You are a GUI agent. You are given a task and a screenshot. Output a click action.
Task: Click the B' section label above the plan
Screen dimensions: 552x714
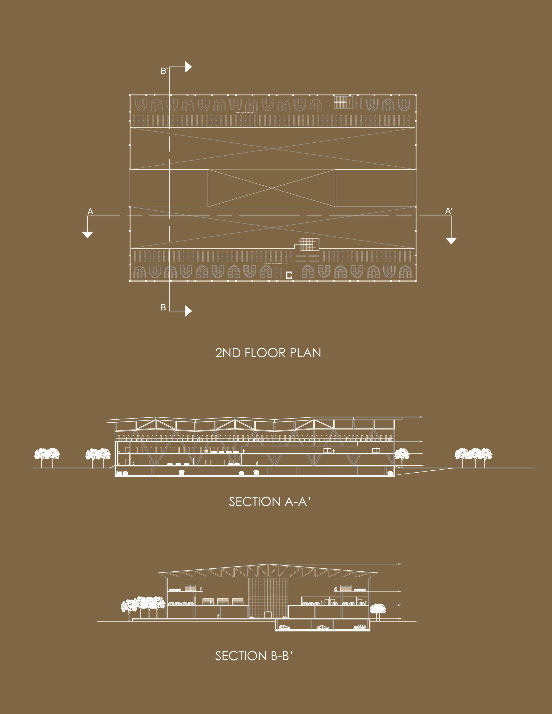coord(164,71)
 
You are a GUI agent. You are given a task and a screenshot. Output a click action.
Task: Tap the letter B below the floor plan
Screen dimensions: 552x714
coord(163,307)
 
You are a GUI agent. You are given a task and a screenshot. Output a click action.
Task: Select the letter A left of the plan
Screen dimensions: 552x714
coord(90,212)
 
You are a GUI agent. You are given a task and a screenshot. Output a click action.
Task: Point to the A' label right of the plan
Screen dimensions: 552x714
coord(449,211)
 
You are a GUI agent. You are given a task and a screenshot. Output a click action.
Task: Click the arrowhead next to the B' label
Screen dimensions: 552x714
coord(188,67)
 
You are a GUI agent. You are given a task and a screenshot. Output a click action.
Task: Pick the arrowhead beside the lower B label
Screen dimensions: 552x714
coord(188,311)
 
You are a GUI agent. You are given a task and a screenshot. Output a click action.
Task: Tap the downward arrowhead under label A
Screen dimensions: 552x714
coord(87,235)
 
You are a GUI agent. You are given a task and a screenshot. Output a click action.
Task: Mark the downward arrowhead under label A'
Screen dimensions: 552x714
coord(451,241)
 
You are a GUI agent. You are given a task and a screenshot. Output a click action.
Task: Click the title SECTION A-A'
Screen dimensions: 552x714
coord(269,502)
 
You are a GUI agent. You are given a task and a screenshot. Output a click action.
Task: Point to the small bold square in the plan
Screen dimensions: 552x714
coord(289,275)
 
